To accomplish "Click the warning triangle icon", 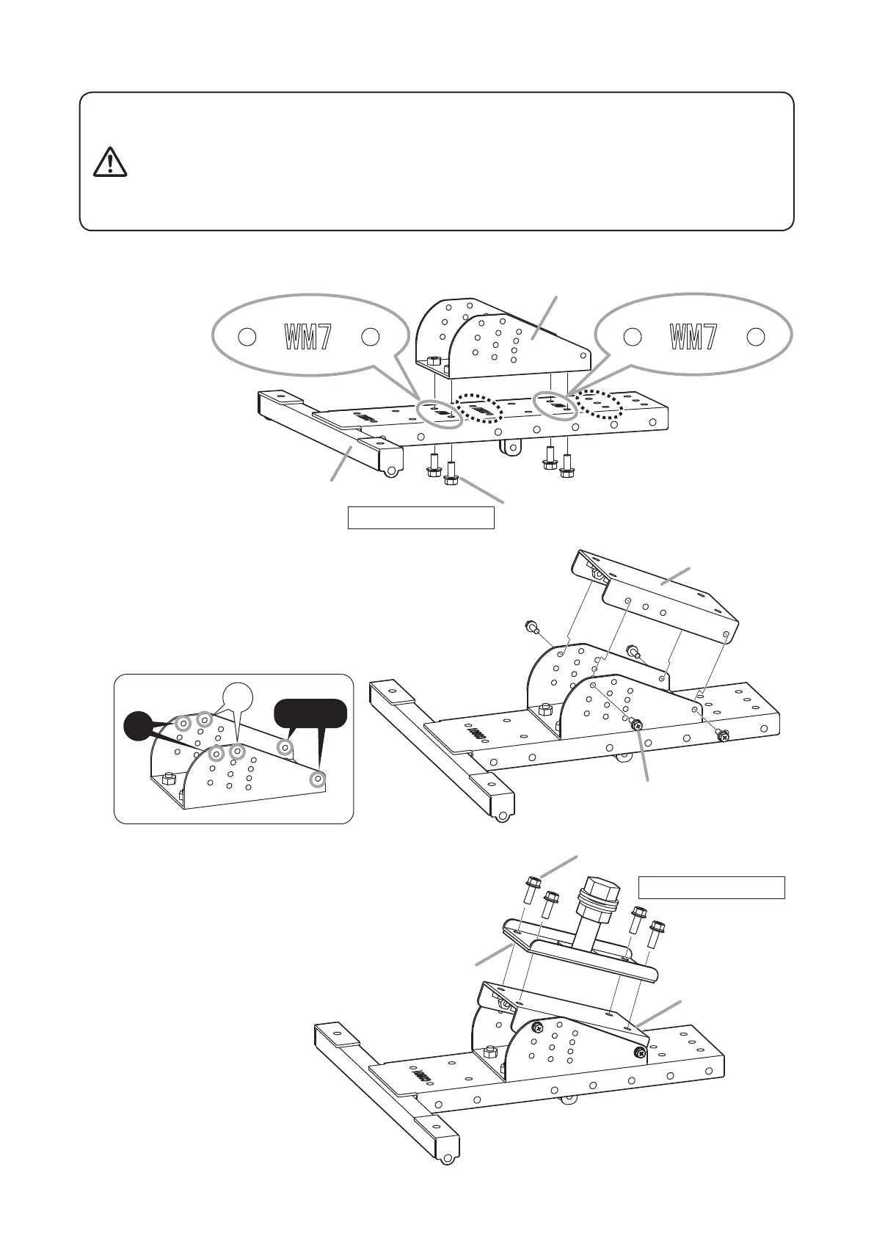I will click(x=110, y=162).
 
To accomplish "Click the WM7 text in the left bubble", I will click(x=308, y=337).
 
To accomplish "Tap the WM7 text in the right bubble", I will click(x=693, y=337).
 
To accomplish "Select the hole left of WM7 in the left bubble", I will click(x=247, y=337).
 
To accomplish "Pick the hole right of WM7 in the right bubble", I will click(x=756, y=337).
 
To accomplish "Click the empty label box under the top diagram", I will click(x=420, y=517).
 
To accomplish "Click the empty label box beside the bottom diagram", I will click(x=711, y=887).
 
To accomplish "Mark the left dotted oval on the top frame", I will click(x=477, y=408).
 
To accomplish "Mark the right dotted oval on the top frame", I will click(x=599, y=404).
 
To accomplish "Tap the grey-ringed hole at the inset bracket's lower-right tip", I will click(x=318, y=779).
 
